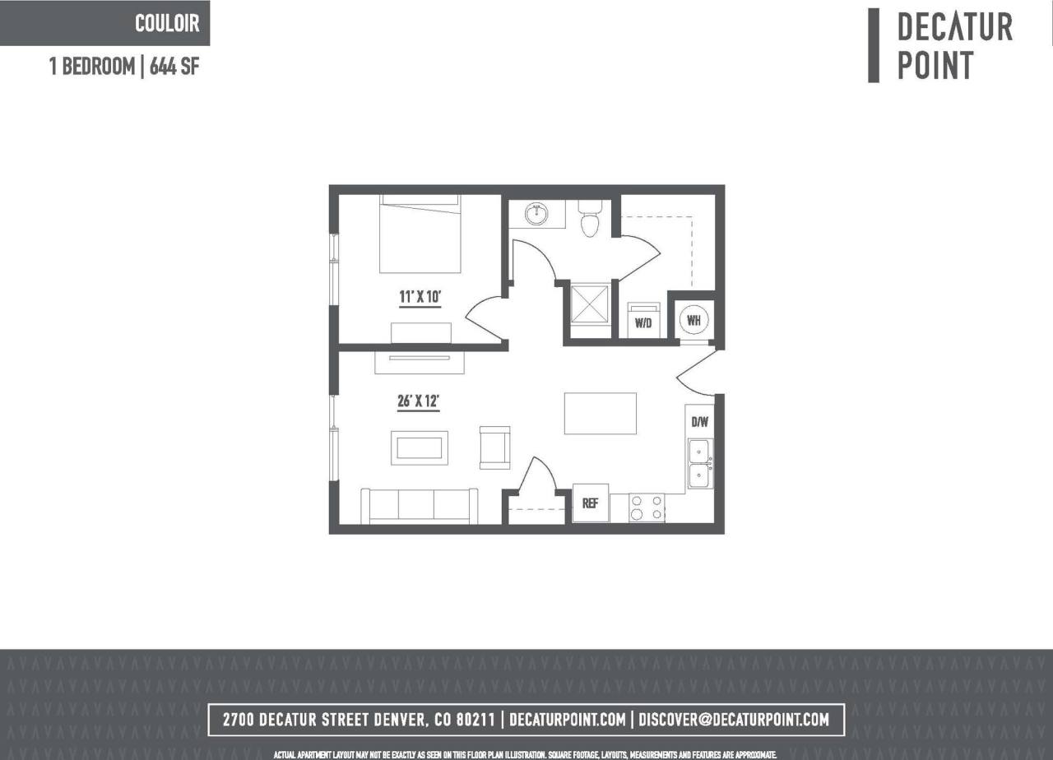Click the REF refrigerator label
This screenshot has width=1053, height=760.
(590, 503)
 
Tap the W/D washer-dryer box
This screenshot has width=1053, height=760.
(642, 321)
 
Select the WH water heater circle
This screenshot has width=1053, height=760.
(693, 320)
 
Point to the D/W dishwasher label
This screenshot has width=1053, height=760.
(699, 423)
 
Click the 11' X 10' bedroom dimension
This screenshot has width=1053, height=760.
(420, 297)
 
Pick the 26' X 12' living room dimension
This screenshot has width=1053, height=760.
(419, 402)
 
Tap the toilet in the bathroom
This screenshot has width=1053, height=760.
(590, 220)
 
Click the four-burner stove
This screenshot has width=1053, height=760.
(647, 507)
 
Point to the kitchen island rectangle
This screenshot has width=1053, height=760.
(600, 413)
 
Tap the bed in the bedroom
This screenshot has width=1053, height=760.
(420, 234)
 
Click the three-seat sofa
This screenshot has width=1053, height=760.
(420, 505)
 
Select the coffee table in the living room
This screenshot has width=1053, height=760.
(419, 447)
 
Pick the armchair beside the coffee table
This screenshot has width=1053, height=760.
(494, 447)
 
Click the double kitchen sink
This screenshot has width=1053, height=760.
(700, 464)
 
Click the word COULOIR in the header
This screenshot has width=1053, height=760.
(167, 23)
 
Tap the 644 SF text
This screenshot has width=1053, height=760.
(174, 67)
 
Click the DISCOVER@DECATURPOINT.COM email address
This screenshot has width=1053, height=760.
(733, 720)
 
